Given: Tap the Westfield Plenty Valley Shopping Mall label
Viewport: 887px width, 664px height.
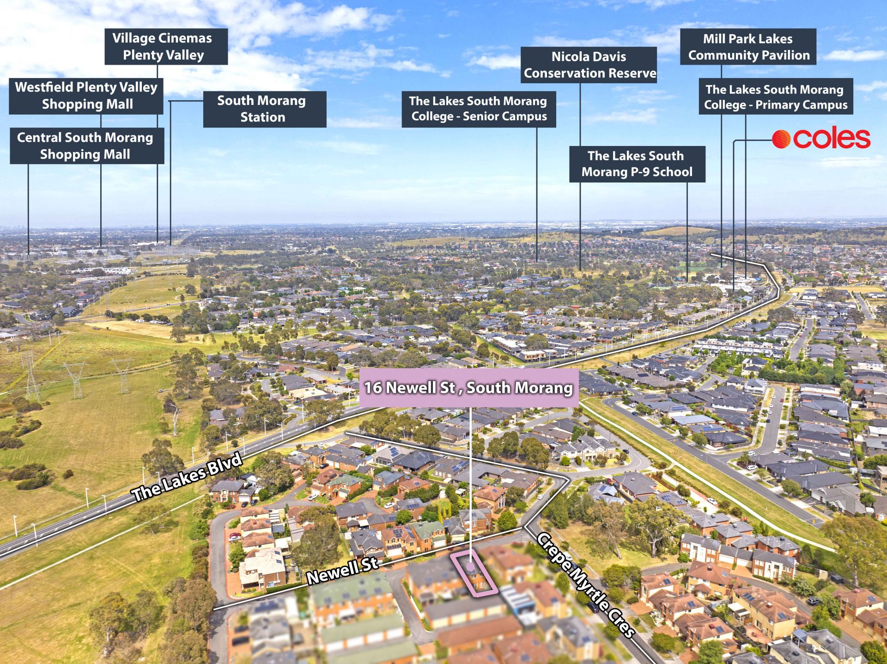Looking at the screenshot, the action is point(86,96).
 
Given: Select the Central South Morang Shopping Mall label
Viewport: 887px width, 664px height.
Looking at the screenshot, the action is point(87,146).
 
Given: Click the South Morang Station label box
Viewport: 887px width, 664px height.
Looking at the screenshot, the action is point(265,109).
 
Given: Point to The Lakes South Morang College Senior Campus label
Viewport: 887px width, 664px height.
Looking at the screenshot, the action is point(479,109).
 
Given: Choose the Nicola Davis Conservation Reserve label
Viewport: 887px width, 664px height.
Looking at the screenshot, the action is point(589,65).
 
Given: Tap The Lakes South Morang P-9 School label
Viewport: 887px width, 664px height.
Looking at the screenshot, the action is point(637,164).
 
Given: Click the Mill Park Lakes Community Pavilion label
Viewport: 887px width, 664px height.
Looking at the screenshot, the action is point(748,47).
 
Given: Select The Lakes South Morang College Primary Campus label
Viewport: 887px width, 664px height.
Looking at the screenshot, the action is point(776,97).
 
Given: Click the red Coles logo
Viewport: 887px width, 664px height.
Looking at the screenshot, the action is point(821,139).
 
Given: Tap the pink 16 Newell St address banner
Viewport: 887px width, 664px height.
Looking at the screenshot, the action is point(469,388).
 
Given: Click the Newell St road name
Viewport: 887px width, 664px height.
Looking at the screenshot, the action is point(342,570).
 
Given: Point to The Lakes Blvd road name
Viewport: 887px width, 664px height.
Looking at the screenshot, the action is point(187,477).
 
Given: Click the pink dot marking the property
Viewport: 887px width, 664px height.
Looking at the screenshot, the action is point(470,567).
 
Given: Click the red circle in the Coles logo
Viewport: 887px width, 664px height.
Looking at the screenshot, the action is point(781,139).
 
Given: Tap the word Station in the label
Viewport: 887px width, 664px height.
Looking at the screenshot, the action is point(263,117).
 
